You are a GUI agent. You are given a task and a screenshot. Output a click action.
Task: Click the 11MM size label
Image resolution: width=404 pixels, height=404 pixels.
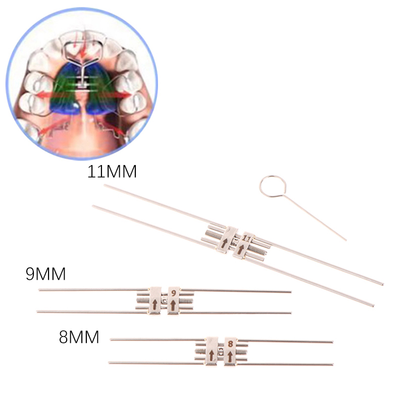click(x=112, y=172)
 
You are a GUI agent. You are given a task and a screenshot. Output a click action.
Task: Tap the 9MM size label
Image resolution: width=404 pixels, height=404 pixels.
click(x=46, y=274)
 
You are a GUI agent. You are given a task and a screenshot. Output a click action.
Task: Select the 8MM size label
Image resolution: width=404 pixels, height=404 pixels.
click(x=79, y=337)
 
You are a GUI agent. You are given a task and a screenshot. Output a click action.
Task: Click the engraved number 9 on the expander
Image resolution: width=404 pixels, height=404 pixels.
click(x=174, y=293)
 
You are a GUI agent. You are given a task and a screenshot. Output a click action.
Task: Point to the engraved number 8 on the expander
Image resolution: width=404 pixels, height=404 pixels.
click(x=230, y=344)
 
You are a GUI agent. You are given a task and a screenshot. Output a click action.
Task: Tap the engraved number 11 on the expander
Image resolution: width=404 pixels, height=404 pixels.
click(x=246, y=239)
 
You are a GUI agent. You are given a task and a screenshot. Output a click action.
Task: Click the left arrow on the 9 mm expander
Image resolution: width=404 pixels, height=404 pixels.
click(x=155, y=305)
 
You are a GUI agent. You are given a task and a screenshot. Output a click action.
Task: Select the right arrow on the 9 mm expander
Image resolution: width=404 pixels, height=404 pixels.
click(x=173, y=305)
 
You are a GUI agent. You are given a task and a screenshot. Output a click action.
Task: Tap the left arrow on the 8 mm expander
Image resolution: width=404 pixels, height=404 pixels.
click(x=212, y=355)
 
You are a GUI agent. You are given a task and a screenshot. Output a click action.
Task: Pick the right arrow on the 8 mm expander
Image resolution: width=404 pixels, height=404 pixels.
click(x=230, y=356)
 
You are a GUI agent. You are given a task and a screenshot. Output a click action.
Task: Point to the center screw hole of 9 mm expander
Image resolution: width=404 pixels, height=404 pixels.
click(x=164, y=300)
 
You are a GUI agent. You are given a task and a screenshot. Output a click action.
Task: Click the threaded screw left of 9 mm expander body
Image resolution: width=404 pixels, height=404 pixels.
click(x=143, y=300)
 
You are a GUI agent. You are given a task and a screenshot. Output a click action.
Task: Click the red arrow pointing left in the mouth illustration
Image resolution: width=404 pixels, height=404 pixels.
click(x=48, y=95)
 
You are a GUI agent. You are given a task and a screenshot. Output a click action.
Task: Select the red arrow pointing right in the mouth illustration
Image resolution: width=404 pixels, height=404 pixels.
click(x=119, y=94)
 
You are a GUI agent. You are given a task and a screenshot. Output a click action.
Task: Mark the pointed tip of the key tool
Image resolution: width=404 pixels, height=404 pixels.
click(x=346, y=240)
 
